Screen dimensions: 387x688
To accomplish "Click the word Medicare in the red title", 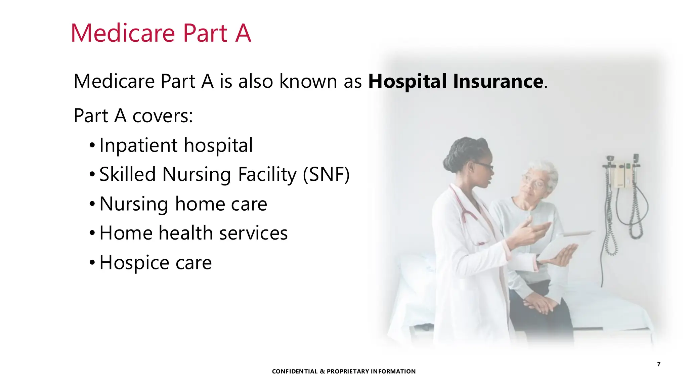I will click(x=123, y=33).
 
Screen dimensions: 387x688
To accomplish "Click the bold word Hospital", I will click(x=407, y=81).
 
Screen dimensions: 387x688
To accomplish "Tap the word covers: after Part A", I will click(x=163, y=116).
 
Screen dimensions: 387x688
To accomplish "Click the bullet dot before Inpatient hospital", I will click(x=92, y=146).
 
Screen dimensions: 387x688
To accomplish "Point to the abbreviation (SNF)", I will click(x=326, y=175).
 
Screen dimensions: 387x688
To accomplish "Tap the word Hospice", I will click(x=134, y=263).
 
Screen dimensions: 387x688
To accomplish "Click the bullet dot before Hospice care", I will click(x=92, y=262).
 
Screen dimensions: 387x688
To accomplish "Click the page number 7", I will click(x=659, y=364).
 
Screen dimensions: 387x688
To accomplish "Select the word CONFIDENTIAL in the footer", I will click(x=295, y=372).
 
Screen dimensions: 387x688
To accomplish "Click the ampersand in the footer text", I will click(x=322, y=372).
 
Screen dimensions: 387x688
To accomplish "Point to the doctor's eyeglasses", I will click(x=484, y=166).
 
